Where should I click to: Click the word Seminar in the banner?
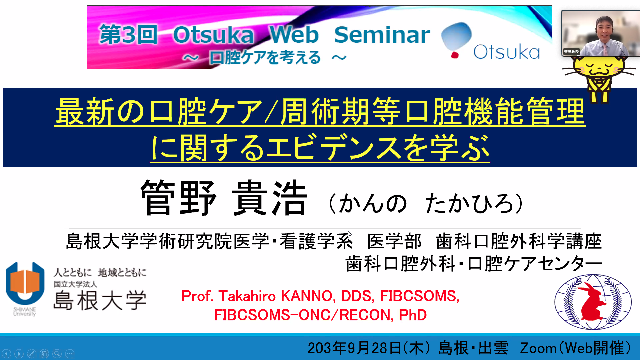click(382, 35)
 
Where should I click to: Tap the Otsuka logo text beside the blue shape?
click(506, 52)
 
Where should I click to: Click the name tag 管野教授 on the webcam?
click(571, 52)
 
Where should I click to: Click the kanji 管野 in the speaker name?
click(178, 197)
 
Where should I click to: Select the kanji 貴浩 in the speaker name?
click(269, 197)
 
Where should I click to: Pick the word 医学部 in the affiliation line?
click(394, 241)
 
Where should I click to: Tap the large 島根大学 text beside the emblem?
click(100, 300)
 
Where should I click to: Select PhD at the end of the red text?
click(413, 315)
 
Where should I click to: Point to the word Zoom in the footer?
click(538, 348)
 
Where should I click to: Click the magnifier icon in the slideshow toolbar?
click(57, 353)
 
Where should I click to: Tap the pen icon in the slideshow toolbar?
click(32, 353)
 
